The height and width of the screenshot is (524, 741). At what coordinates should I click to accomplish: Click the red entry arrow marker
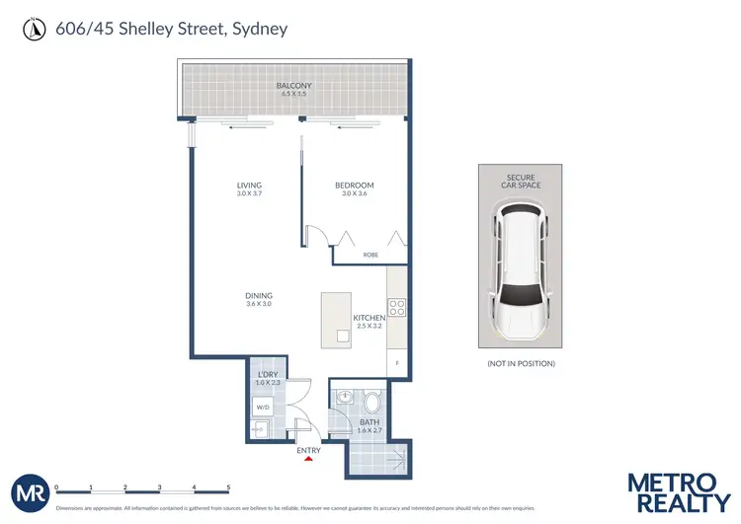(309, 457)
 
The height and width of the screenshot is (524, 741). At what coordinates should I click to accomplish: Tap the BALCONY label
(293, 86)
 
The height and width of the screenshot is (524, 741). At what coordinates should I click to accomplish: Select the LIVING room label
(248, 185)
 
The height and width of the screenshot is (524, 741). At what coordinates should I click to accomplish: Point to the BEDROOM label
(355, 185)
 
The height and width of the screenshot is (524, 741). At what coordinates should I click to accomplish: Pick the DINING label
(258, 296)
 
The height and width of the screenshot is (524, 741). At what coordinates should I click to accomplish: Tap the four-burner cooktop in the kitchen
(396, 306)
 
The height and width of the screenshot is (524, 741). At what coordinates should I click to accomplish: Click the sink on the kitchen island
(342, 336)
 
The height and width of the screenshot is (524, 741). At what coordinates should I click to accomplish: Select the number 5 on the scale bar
(228, 487)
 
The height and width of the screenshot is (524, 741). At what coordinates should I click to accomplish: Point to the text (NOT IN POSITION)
(521, 364)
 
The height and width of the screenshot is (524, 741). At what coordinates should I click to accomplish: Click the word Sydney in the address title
(259, 29)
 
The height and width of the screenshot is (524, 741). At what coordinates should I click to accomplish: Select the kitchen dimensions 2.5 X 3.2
(370, 325)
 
